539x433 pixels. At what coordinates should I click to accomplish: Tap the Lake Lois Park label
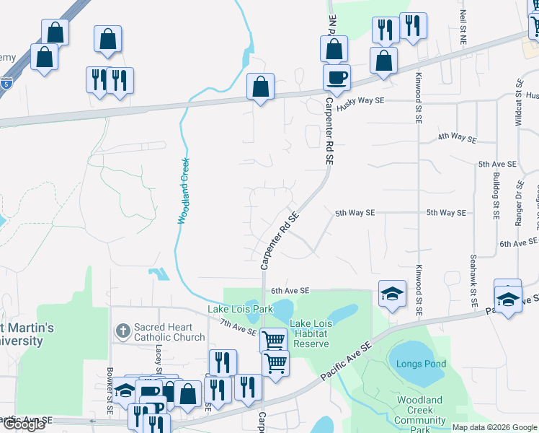(240, 310)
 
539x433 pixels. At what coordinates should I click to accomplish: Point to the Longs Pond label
(421, 364)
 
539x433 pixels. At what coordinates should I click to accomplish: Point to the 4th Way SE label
(458, 138)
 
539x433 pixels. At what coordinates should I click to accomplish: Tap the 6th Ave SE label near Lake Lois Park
(290, 291)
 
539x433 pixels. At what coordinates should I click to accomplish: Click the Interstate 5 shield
(6, 83)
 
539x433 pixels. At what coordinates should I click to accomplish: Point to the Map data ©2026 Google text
(494, 427)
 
